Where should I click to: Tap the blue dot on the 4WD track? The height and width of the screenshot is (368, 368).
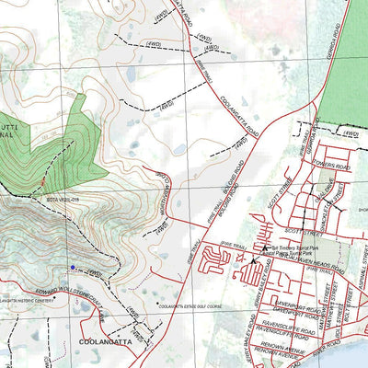(x=74, y=267)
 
